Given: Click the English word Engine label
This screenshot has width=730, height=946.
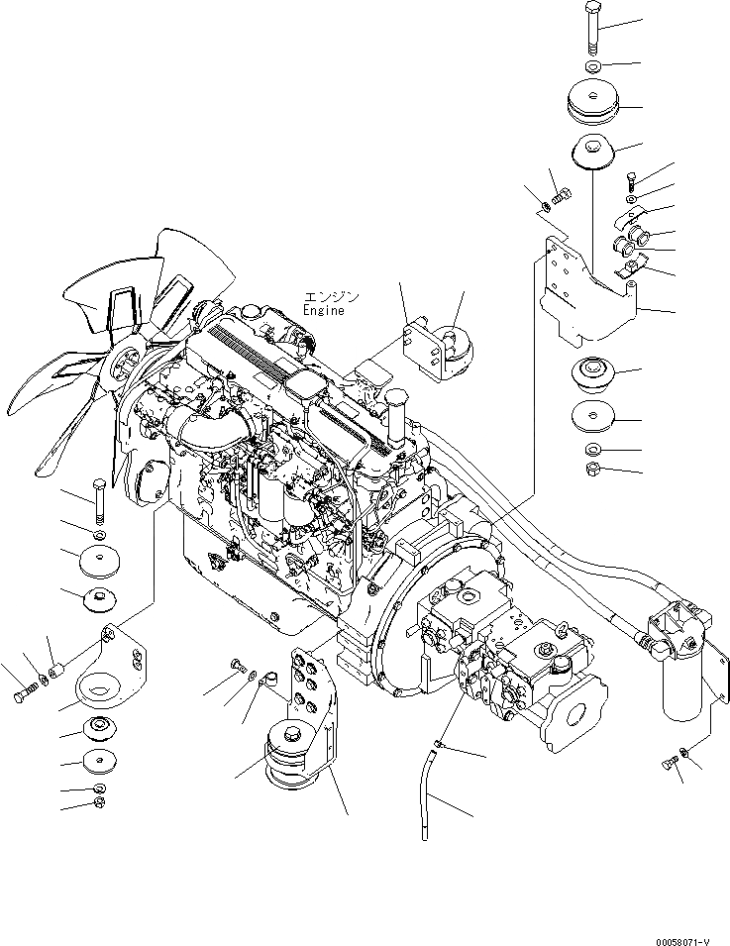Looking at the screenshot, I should [324, 311].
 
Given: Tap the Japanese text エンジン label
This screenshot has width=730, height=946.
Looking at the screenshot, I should [332, 296].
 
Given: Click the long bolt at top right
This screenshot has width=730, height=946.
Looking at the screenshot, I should [592, 29].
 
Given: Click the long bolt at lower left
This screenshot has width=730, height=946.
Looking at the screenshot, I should [98, 500].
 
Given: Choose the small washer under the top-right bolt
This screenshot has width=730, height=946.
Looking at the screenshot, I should [592, 66].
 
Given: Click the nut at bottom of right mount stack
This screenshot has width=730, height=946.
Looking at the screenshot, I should [592, 469].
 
